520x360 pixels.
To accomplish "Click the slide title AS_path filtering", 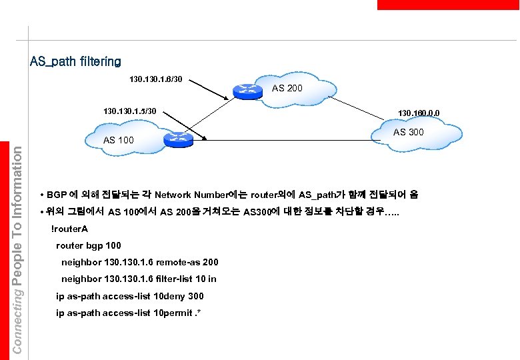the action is pyautogui.click(x=75, y=62).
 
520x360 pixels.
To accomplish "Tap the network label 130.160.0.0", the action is pyautogui.click(x=419, y=113).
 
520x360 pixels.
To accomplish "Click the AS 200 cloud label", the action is pyautogui.click(x=287, y=87).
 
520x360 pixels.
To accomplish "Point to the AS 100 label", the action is pyautogui.click(x=119, y=140).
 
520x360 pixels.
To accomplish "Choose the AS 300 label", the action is pyautogui.click(x=409, y=132).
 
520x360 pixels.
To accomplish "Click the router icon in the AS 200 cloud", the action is pyautogui.click(x=248, y=90).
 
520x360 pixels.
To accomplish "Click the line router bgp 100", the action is pyautogui.click(x=89, y=245).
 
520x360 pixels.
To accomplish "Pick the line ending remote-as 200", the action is pyautogui.click(x=139, y=262).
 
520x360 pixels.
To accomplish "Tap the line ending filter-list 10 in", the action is pyautogui.click(x=139, y=279).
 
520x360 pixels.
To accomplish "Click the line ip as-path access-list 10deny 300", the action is pyautogui.click(x=130, y=296).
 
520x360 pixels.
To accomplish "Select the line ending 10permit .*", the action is pyautogui.click(x=129, y=313).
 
